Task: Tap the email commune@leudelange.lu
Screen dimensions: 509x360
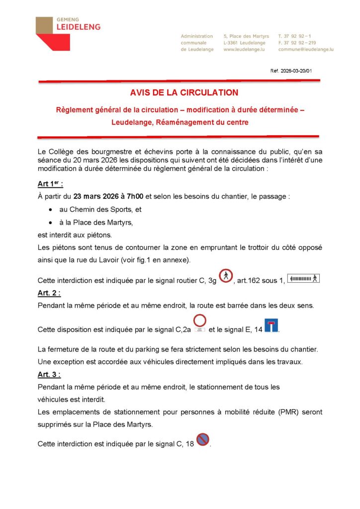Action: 306,50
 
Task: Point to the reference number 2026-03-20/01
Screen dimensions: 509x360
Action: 296,71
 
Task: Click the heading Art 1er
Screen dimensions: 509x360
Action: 50,184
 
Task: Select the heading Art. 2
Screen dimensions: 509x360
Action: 50,293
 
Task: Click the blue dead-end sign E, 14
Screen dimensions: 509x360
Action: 271,326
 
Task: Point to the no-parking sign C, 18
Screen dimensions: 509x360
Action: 203,439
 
